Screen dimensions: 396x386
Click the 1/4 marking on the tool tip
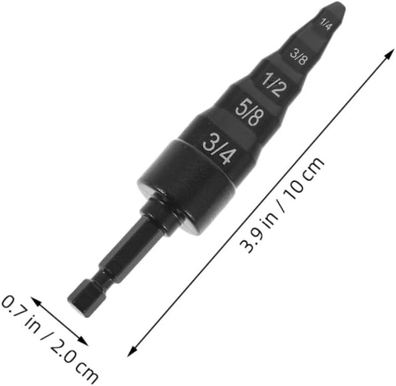[x=326, y=24]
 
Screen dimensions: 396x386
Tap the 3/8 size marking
[x=299, y=57]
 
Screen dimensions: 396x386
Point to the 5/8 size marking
[x=249, y=113]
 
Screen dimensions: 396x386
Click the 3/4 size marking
[x=220, y=148]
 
